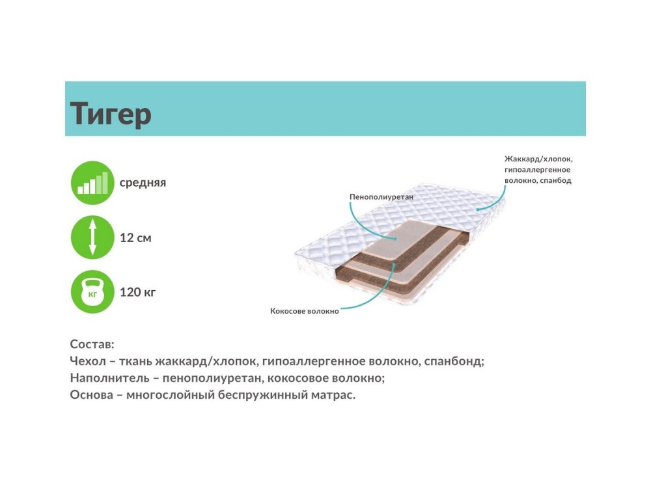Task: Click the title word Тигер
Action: [111, 113]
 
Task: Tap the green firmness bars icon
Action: [92, 183]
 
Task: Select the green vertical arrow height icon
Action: [92, 237]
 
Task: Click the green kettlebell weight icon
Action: [92, 291]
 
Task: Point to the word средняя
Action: [143, 183]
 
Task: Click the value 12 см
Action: [135, 237]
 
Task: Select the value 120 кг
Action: [137, 292]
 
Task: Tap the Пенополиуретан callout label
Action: [381, 197]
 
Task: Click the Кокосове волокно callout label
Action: [304, 311]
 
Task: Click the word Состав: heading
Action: [92, 344]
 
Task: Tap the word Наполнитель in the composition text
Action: [109, 378]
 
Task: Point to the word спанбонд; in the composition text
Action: [454, 361]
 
